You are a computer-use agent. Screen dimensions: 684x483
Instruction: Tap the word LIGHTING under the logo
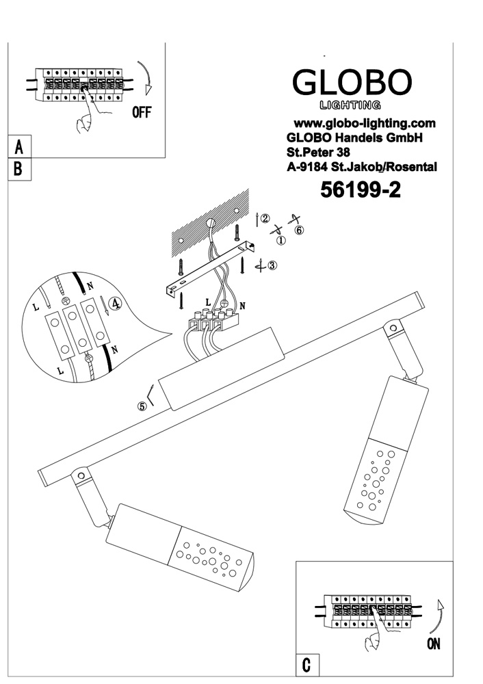tap(351, 105)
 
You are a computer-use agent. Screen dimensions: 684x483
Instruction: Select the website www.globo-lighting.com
tap(365, 124)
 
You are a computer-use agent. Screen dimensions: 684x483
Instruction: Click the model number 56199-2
tap(361, 191)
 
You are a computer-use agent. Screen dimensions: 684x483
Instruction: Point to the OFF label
tap(142, 113)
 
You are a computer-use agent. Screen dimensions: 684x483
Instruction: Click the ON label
tap(433, 643)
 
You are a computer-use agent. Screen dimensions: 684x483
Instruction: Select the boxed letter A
tap(18, 146)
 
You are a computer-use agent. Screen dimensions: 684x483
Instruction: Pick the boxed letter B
tap(18, 169)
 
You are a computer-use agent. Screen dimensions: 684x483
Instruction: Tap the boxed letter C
tap(306, 664)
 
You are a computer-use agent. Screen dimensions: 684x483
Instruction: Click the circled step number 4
tap(116, 304)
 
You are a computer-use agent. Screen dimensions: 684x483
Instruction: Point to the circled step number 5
tap(142, 406)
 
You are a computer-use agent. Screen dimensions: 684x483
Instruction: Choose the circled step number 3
tap(272, 266)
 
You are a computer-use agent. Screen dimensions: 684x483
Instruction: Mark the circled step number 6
tap(299, 229)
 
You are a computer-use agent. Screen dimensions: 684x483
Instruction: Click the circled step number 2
tap(265, 219)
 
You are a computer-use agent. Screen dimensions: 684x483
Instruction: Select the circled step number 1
tap(280, 239)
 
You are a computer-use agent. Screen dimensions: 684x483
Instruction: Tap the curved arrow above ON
tap(439, 615)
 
